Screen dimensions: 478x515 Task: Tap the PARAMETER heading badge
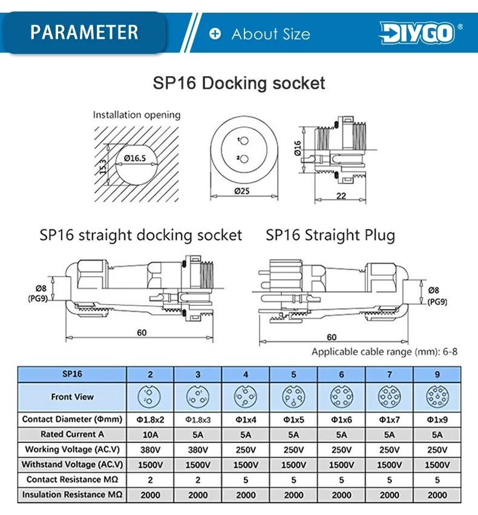click(84, 32)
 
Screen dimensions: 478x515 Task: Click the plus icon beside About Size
click(215, 33)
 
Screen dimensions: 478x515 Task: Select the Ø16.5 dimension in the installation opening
click(135, 159)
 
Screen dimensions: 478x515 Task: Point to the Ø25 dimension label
click(242, 191)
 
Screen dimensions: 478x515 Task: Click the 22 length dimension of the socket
click(341, 195)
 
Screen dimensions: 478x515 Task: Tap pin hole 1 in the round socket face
click(244, 141)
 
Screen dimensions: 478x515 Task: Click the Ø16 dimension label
click(298, 148)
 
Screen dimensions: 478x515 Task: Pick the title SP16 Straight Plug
click(330, 235)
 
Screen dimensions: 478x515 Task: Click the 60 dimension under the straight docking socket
click(142, 333)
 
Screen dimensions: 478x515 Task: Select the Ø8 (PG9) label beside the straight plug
click(437, 296)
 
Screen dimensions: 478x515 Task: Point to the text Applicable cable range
click(362, 352)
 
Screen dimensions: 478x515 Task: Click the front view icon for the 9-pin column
click(437, 397)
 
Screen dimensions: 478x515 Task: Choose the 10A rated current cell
click(151, 435)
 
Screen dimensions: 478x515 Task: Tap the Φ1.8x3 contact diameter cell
click(198, 419)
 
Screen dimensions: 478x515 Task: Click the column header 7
click(390, 375)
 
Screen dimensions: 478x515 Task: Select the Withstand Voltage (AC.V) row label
click(72, 464)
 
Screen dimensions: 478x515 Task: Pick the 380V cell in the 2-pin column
click(151, 450)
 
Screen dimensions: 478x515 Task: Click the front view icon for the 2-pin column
click(149, 397)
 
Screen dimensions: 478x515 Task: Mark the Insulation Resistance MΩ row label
click(72, 494)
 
